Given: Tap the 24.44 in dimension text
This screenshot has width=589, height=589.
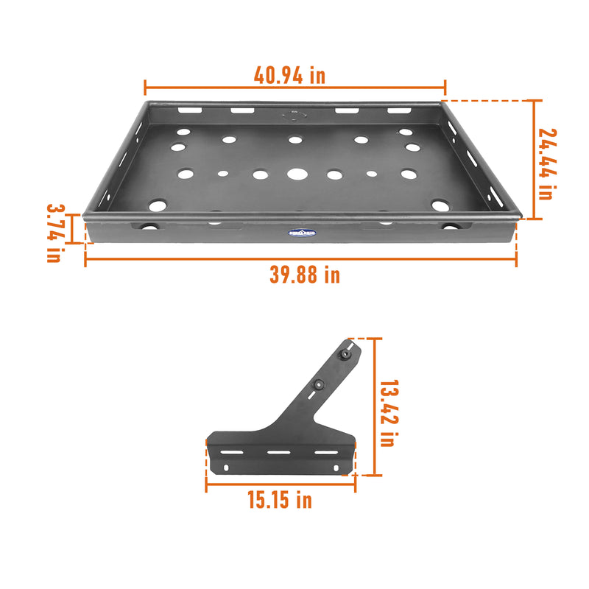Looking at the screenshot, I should click(x=547, y=163).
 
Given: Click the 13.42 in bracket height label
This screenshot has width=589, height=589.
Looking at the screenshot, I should click(x=387, y=413).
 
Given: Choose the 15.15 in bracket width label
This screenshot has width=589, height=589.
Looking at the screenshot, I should click(x=279, y=501).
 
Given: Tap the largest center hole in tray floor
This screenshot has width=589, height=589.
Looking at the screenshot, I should click(x=297, y=174).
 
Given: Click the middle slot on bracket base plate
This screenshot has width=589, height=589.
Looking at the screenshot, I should click(x=279, y=451).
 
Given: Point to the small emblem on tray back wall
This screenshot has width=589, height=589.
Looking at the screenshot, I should click(x=293, y=114).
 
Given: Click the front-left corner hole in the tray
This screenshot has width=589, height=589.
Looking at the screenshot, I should click(x=157, y=205).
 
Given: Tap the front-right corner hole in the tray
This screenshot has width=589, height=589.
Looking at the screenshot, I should click(x=440, y=205).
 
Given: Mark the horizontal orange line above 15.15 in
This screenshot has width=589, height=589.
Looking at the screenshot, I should click(x=281, y=484).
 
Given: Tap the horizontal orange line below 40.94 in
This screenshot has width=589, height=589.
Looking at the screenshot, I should click(x=294, y=87).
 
